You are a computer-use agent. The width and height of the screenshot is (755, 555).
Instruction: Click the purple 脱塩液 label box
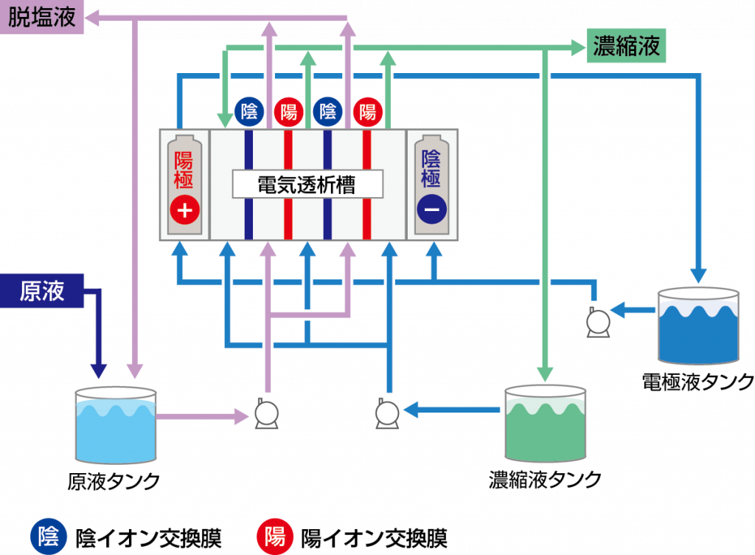tap(42, 17)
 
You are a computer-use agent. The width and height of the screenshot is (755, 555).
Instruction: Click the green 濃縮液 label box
tap(626, 46)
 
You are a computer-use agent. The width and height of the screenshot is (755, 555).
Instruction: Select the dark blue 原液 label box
tap(42, 291)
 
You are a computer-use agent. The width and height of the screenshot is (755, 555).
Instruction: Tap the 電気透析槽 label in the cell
tap(307, 184)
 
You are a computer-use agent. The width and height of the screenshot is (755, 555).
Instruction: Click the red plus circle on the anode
tap(185, 210)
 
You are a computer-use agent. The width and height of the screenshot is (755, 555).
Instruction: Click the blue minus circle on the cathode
tap(432, 209)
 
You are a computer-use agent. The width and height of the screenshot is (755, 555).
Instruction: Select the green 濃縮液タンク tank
tap(545, 423)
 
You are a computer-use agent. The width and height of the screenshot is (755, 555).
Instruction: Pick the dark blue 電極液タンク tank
tap(698, 325)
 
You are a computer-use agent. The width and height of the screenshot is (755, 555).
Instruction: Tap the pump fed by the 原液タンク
tap(266, 413)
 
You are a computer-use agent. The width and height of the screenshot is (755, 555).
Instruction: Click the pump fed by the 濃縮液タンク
tap(387, 413)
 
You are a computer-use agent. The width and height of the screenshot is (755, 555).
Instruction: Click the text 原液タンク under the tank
tap(114, 481)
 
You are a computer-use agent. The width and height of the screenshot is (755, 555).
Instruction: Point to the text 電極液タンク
tap(698, 382)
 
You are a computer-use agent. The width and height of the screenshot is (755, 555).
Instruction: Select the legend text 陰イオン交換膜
tap(148, 538)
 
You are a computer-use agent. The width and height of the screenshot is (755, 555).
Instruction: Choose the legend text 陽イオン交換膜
tap(374, 538)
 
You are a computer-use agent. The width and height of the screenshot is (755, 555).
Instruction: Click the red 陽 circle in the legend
tap(275, 537)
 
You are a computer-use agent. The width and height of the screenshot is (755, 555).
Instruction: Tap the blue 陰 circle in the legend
tap(49, 537)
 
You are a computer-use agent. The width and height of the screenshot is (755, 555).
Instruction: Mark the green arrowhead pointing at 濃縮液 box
tap(578, 48)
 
